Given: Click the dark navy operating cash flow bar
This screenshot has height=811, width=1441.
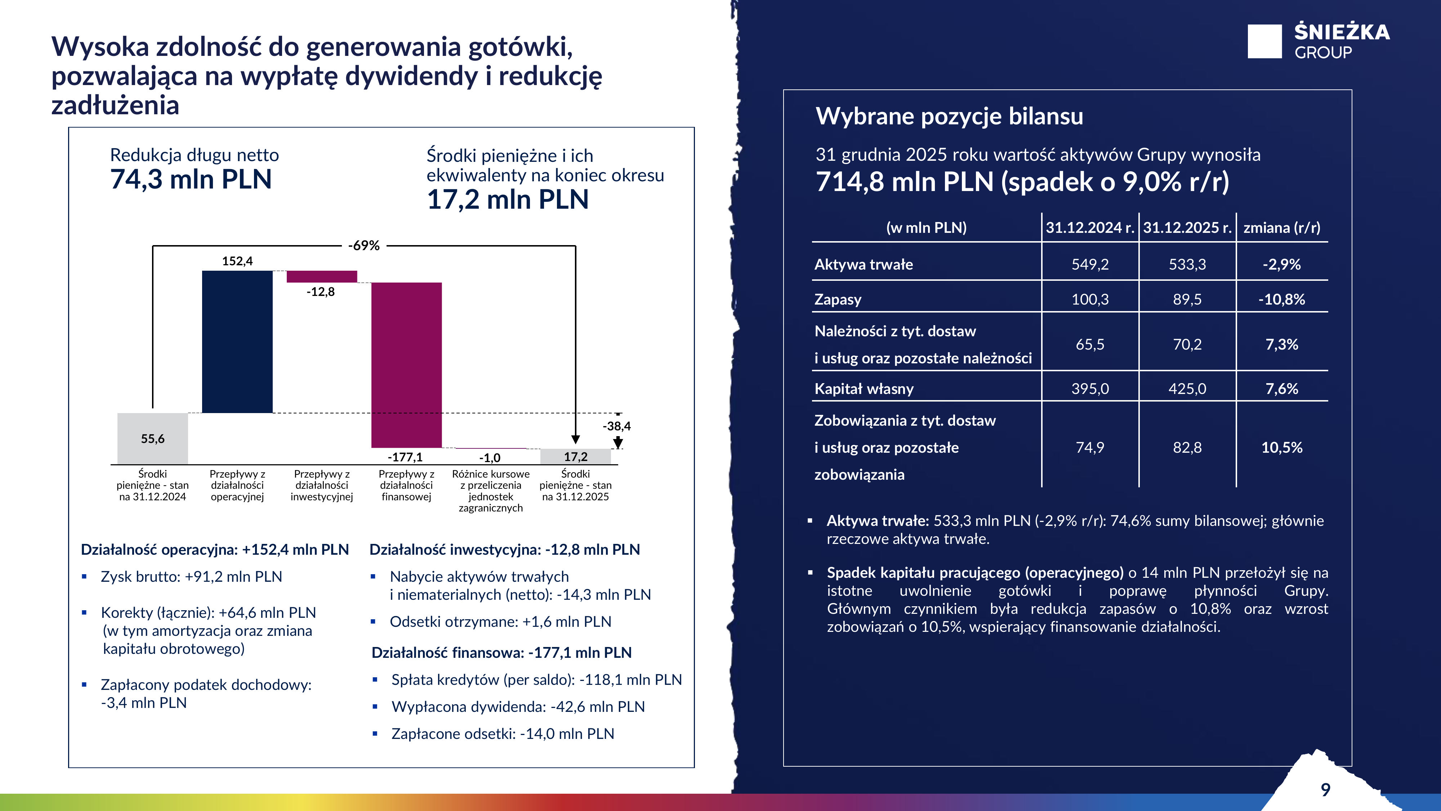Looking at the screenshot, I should point(237,341).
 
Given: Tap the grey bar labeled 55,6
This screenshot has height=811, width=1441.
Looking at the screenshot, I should point(153,438).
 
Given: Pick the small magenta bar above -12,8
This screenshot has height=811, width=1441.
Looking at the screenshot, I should point(322,276).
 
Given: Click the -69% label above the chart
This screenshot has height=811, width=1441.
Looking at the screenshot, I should point(363,245).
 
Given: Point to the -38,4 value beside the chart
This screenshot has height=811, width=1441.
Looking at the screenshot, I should point(616,426).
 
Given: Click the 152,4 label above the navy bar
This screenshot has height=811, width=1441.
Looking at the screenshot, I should point(237,261).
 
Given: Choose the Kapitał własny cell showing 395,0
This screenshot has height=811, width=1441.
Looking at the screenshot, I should point(1090,389).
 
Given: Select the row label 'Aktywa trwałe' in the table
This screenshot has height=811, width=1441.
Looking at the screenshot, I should point(864,264).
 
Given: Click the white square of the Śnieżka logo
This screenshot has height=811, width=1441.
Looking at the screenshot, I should point(1264,41).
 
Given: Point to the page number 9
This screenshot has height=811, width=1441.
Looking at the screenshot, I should point(1325,789).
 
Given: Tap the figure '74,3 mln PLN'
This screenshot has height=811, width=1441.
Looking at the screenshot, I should point(191,180).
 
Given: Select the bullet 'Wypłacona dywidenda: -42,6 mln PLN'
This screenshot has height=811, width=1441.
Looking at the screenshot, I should point(518,706).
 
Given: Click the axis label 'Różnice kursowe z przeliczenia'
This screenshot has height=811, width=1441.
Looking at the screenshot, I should point(491,480).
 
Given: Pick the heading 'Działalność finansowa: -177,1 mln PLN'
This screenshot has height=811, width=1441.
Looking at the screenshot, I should point(501,653).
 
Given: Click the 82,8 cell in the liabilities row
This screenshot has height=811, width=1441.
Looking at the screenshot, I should point(1187,447).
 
